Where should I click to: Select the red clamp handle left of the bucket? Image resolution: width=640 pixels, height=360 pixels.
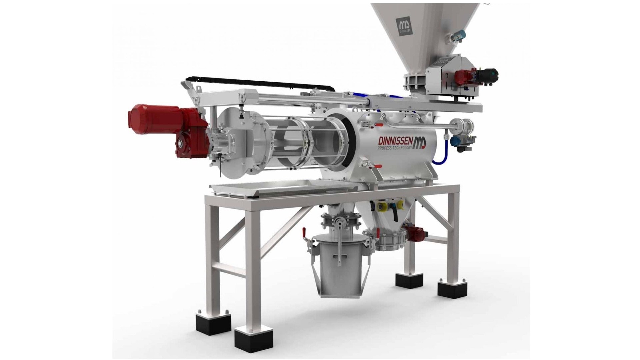304,231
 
